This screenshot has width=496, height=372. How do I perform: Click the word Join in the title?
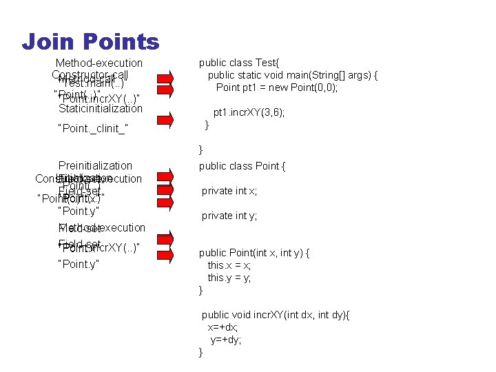(x=48, y=43)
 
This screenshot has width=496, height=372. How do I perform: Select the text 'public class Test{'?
(x=240, y=63)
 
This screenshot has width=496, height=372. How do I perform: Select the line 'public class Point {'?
(x=242, y=166)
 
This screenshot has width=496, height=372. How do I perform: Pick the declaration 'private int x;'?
(x=229, y=192)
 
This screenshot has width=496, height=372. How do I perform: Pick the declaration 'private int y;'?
(x=229, y=216)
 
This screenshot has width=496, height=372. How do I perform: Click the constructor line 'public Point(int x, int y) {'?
(x=254, y=253)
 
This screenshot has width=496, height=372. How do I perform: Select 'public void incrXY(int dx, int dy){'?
(x=276, y=315)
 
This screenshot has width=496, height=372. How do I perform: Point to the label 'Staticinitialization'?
(x=101, y=108)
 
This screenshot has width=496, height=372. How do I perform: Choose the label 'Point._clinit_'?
(x=94, y=128)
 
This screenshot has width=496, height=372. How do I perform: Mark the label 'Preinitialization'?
(x=95, y=165)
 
